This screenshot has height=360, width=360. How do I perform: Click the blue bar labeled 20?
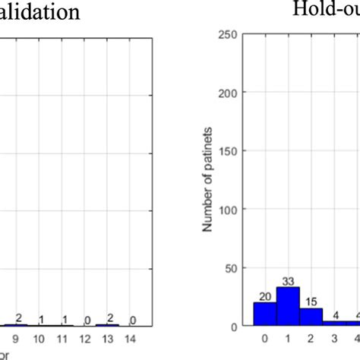265,314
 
